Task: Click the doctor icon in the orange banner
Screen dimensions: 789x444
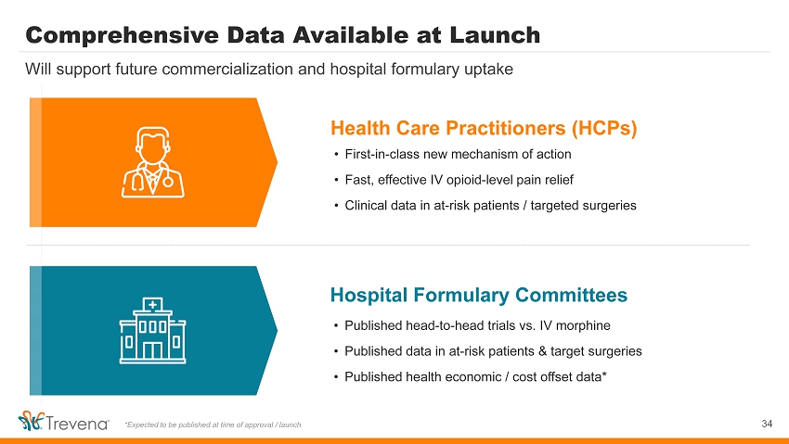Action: [x=153, y=161]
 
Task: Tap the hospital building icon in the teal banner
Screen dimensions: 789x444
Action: [x=152, y=330]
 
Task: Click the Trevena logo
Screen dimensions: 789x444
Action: [x=63, y=422]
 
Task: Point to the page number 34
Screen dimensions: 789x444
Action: [x=767, y=424]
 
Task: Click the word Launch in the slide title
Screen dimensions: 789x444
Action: [x=495, y=35]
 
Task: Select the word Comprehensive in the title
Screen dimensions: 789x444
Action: [x=122, y=35]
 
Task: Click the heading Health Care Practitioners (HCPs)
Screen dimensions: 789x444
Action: [x=484, y=128]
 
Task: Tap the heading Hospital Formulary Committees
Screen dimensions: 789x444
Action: [x=479, y=295]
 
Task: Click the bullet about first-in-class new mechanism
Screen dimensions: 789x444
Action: [x=458, y=154]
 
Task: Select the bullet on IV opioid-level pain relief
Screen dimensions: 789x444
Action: [x=459, y=180]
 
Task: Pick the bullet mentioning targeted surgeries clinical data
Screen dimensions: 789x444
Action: [x=491, y=206]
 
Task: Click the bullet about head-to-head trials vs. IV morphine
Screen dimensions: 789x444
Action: [x=477, y=325]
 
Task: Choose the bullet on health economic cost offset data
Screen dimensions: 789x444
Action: [x=475, y=376]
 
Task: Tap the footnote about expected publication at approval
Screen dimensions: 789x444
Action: [x=213, y=425]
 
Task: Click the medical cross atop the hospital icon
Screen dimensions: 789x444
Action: [x=152, y=304]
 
